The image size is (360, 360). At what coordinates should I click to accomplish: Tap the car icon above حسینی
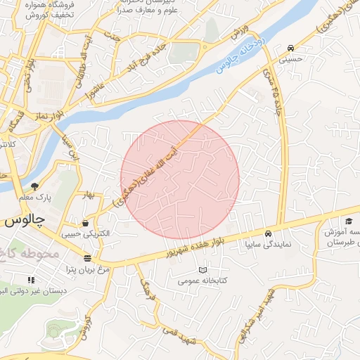coord(290,48)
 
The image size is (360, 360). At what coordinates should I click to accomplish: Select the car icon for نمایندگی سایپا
coord(268,233)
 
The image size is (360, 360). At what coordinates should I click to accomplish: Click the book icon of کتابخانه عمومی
coord(203,270)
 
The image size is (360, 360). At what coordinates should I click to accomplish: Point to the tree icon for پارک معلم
coord(34,186)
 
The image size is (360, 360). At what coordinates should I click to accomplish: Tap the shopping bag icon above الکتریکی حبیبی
coord(85,223)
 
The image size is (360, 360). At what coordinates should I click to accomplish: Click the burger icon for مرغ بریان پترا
coord(87,258)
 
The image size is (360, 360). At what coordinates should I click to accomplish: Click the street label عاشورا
coord(96,89)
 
